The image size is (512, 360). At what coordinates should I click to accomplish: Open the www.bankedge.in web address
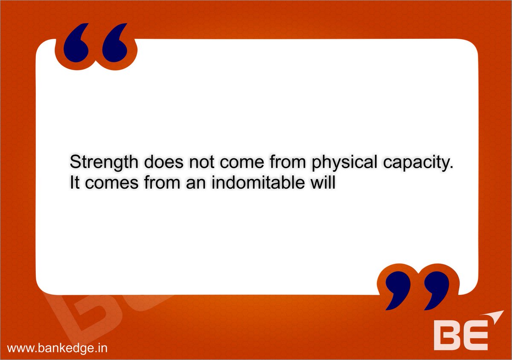[x=57, y=348]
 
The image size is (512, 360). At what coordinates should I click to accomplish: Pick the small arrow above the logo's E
[x=495, y=318]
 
